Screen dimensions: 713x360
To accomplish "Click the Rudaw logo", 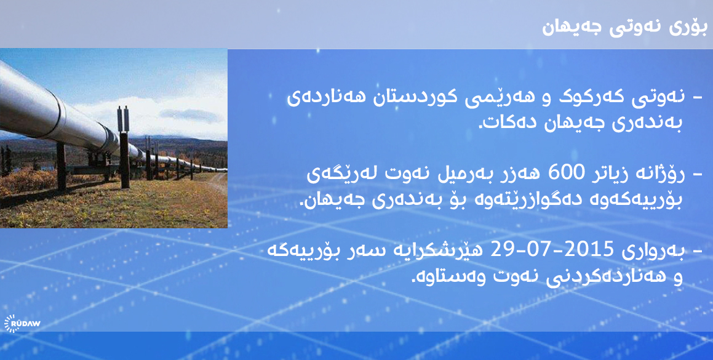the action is pos(22,324).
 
